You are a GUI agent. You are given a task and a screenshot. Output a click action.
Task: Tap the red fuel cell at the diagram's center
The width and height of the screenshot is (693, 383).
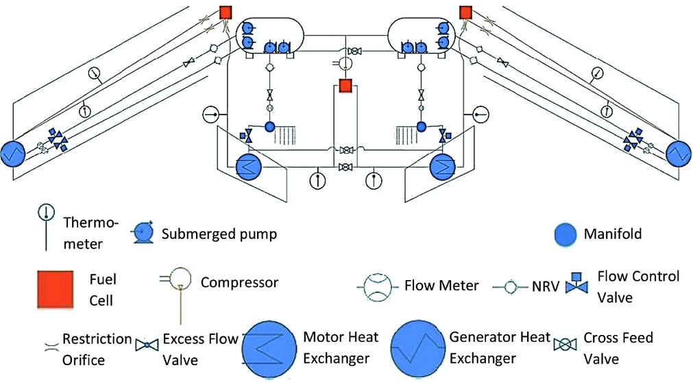(x=345, y=86)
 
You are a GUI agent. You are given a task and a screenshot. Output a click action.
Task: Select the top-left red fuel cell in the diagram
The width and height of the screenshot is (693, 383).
(x=226, y=12)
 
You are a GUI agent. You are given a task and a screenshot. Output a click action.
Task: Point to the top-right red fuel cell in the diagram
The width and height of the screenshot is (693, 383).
(x=465, y=12)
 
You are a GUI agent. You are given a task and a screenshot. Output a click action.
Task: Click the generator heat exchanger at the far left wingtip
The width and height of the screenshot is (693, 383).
(x=12, y=152)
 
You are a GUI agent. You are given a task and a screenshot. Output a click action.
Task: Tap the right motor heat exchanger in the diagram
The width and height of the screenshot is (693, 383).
(x=441, y=165)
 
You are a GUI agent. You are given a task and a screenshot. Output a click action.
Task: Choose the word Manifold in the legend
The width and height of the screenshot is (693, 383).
(x=613, y=235)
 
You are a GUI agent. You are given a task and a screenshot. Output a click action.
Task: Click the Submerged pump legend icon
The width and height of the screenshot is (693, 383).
(x=143, y=232)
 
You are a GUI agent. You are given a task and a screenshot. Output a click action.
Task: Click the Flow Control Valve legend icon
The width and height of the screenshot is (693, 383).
(x=577, y=285)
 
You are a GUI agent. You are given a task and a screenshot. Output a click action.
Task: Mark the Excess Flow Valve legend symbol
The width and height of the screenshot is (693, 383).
(x=147, y=347)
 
